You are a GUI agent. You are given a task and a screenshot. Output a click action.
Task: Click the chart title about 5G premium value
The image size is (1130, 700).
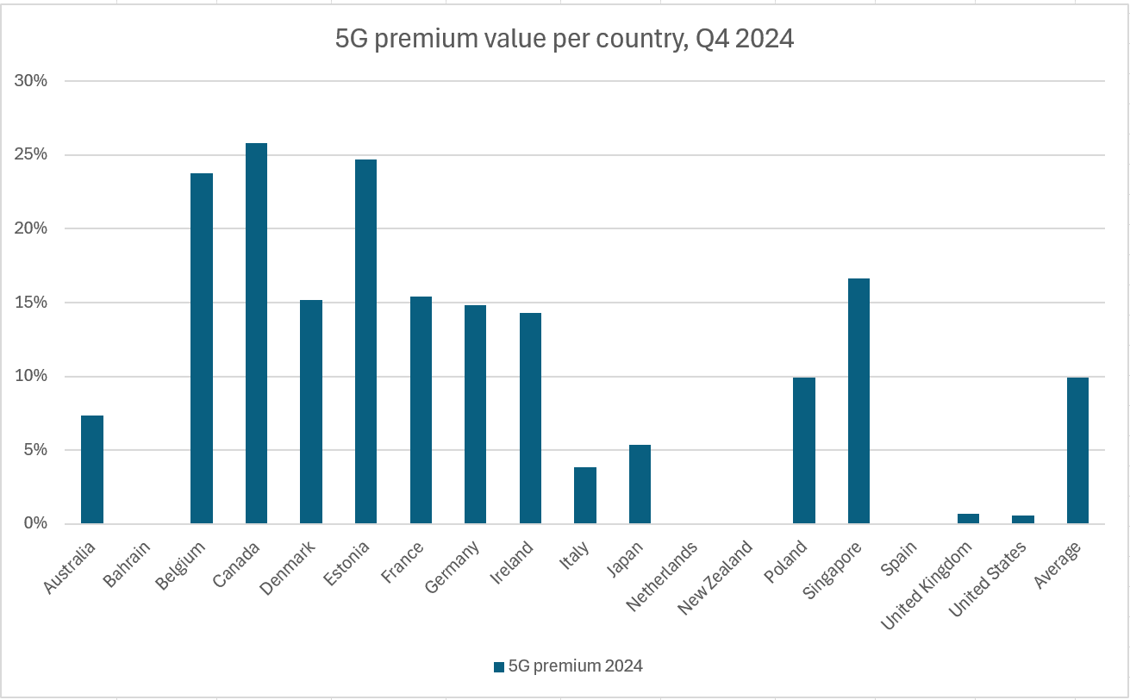click(564, 40)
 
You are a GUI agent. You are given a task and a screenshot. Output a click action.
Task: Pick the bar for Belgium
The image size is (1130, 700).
click(202, 348)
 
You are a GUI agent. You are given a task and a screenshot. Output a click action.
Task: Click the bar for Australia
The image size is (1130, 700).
click(92, 470)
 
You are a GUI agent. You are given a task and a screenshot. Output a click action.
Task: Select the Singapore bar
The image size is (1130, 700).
click(858, 401)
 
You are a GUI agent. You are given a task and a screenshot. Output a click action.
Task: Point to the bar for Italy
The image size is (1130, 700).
click(585, 496)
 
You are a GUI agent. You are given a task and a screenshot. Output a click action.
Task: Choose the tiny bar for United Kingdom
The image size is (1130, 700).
click(968, 519)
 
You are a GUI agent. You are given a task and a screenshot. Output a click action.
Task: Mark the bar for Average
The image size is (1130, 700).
click(1077, 450)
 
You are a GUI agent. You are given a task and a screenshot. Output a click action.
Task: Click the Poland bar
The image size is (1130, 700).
click(804, 450)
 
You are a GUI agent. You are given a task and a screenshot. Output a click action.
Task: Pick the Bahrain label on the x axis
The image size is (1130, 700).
click(127, 565)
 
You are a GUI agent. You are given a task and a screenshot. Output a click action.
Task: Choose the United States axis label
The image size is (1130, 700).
click(988, 579)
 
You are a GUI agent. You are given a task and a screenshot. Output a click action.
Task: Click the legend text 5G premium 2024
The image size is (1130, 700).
click(575, 666)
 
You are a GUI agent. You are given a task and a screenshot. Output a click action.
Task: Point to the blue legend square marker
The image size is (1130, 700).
click(498, 666)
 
